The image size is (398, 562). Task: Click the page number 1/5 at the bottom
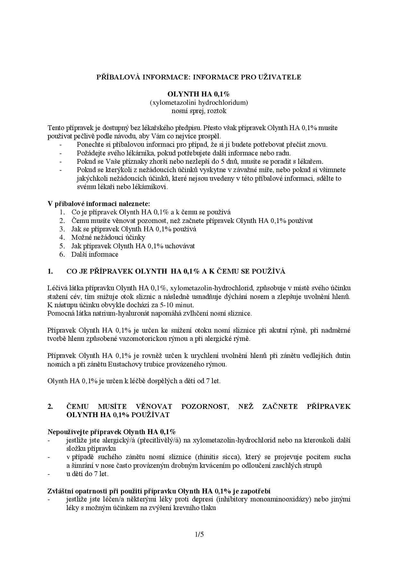pyautogui.click(x=199, y=534)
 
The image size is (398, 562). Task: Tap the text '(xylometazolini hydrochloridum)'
pyautogui.click(x=199, y=103)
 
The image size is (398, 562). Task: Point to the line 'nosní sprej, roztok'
pyautogui.click(x=199, y=111)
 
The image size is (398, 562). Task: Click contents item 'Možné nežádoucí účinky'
pyautogui.click(x=108, y=237)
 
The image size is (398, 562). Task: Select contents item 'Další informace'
pyautogui.click(x=95, y=254)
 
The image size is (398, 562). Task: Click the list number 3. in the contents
pyautogui.click(x=62, y=229)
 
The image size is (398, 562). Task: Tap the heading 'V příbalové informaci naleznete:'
pyautogui.click(x=99, y=204)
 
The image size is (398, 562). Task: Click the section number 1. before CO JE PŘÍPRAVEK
pyautogui.click(x=50, y=271)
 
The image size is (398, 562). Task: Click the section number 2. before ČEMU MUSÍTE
pyautogui.click(x=50, y=407)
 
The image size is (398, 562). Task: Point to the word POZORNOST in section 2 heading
pyautogui.click(x=205, y=407)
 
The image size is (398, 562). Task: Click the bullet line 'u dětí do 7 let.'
pyautogui.click(x=87, y=474)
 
